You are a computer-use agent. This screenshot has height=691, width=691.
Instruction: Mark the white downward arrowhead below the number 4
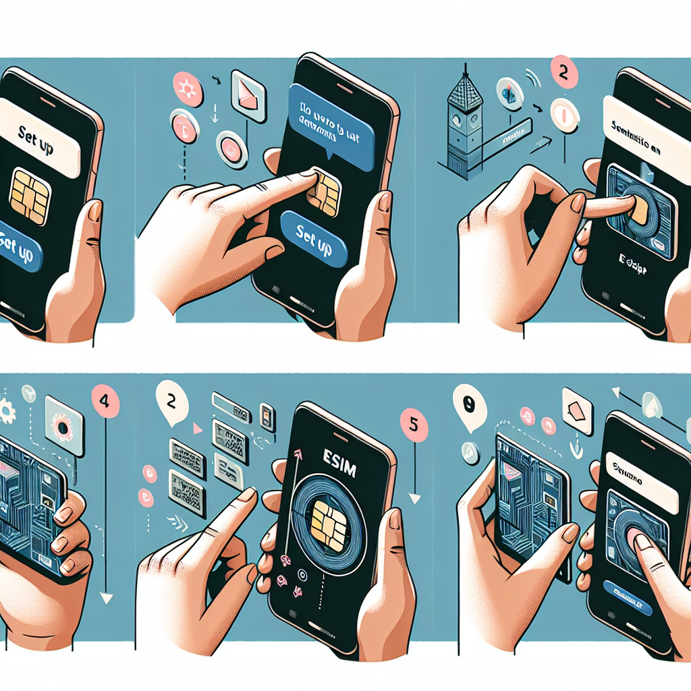105,597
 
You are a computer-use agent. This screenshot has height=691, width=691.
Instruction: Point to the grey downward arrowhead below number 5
414,499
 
